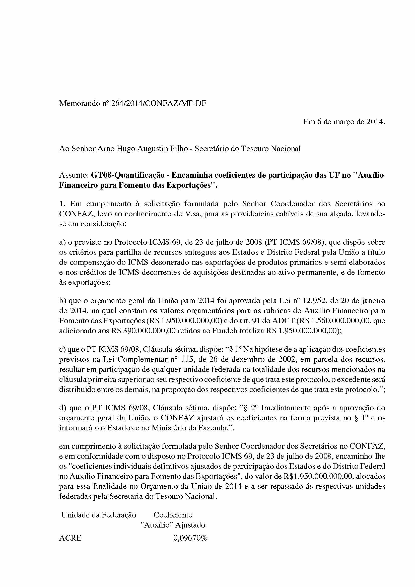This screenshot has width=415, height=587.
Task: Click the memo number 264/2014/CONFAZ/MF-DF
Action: (x=158, y=103)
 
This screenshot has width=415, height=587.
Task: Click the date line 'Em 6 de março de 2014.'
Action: (x=344, y=122)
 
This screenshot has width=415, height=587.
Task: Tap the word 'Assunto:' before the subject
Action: (x=74, y=175)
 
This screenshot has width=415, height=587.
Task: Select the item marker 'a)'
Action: (x=62, y=242)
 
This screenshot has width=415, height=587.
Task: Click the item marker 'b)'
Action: (x=63, y=300)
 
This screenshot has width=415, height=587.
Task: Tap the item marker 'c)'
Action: (x=62, y=349)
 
